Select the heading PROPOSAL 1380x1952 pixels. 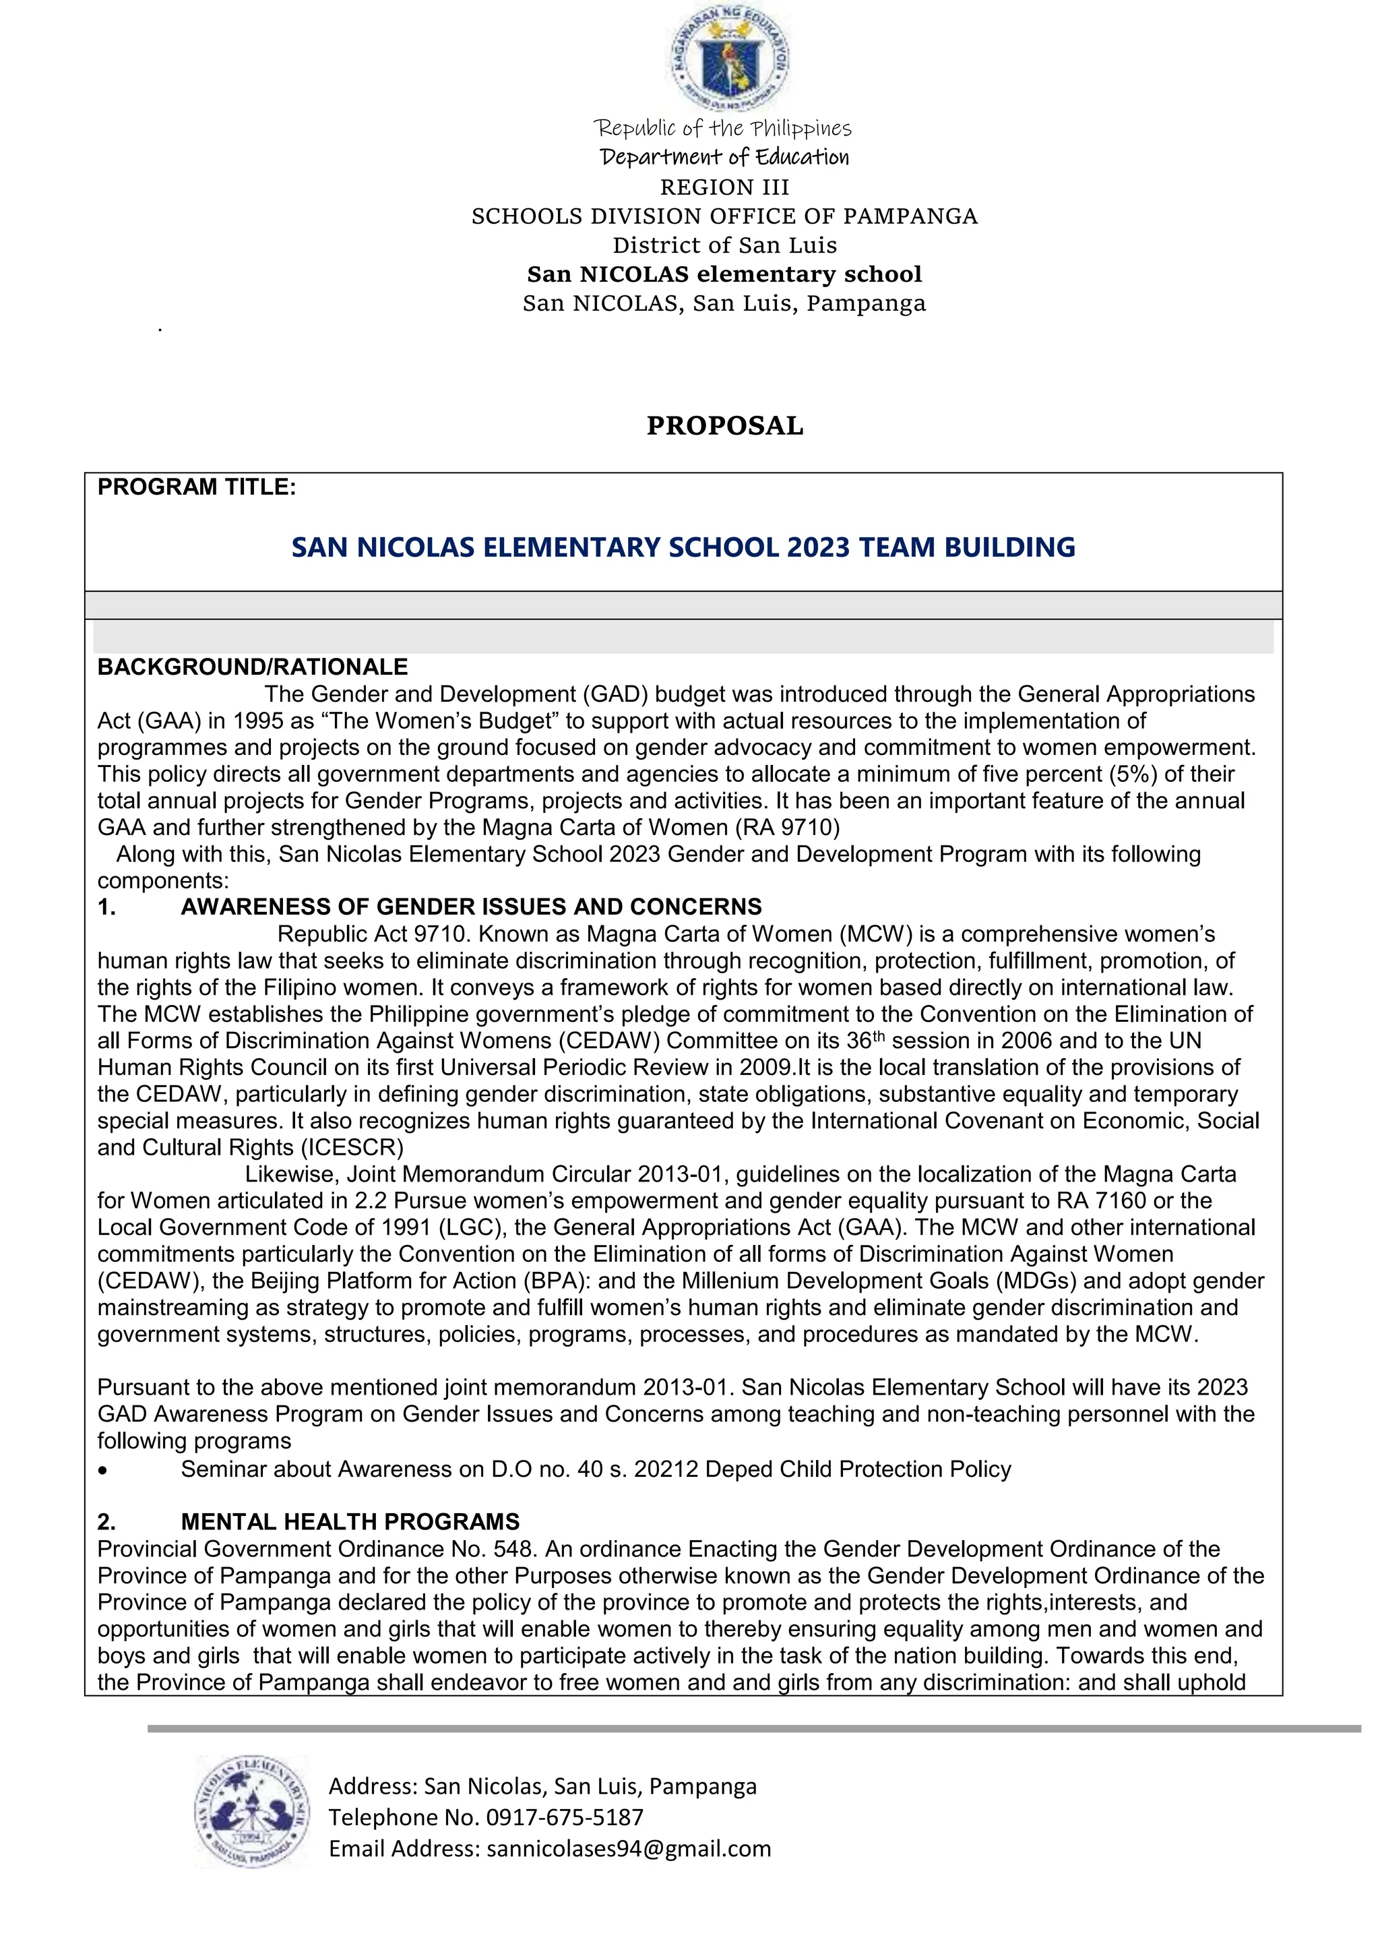(725, 426)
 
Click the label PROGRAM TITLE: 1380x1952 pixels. (196, 487)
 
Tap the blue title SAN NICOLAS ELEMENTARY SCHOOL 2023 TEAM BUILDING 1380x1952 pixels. (683, 547)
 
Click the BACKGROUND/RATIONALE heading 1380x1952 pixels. (253, 667)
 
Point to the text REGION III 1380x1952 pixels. (725, 187)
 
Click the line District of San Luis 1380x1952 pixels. (725, 246)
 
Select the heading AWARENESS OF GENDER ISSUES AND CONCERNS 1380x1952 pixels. (471, 907)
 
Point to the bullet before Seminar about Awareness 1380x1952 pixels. (103, 1471)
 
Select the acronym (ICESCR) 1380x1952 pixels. (352, 1148)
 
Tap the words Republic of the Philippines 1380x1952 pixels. (723, 128)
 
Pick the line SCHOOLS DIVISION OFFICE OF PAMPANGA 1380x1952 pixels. (725, 217)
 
